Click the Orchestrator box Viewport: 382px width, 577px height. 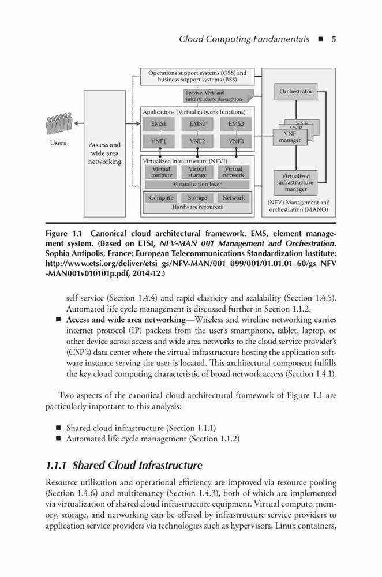point(295,92)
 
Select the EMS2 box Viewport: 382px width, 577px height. point(197,124)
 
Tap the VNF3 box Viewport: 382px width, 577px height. point(235,141)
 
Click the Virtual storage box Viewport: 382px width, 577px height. point(197,172)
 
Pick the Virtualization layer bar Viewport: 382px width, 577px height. point(197,185)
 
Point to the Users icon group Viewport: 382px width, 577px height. point(59,123)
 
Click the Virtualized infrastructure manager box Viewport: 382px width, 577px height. point(295,182)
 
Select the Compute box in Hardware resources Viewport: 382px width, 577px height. point(161,198)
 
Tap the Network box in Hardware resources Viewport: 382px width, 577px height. point(233,198)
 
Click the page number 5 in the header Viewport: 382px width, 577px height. point(334,39)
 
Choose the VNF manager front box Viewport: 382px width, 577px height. point(290,137)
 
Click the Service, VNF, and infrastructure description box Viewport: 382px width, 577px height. point(219,96)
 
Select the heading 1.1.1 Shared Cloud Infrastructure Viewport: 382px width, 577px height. point(124,466)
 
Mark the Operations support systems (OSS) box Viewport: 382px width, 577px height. point(197,77)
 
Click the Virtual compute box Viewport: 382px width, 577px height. point(161,172)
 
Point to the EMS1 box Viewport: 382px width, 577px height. point(159,124)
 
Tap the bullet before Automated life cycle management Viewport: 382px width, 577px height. point(58,439)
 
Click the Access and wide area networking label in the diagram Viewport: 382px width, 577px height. point(104,153)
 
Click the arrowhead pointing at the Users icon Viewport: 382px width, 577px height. point(76,123)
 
